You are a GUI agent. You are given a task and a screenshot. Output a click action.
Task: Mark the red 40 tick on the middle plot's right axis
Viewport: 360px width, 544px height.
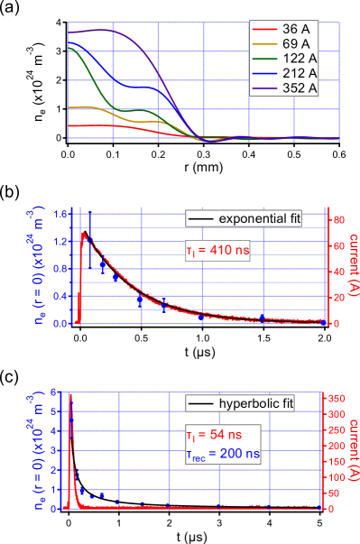point(335,272)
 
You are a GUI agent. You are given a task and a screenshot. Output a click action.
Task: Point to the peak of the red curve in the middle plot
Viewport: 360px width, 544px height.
point(84,233)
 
